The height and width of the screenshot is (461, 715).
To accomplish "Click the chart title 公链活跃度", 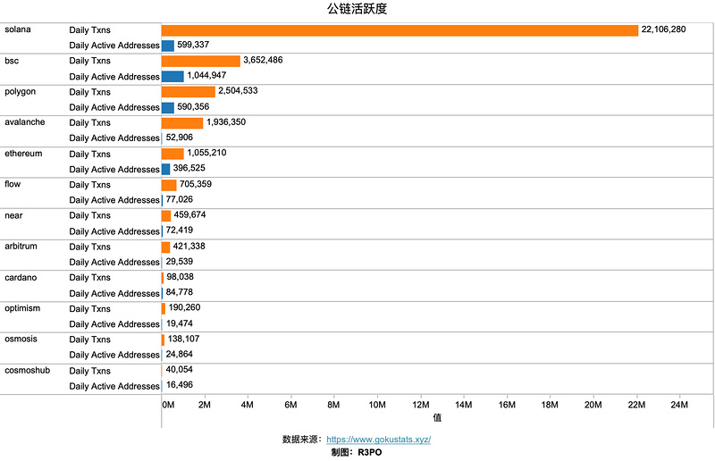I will coord(357,10).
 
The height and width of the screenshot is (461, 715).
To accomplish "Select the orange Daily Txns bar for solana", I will coord(400,30).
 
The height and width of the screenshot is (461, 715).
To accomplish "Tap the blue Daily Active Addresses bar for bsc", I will coord(172,76).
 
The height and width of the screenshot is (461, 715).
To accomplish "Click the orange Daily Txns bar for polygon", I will coord(189,91).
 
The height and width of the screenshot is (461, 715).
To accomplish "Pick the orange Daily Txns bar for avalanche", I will coord(182,122).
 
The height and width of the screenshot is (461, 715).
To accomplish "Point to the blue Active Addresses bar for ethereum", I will coord(165,169).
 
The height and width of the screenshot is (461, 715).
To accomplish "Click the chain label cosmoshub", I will coord(28,370).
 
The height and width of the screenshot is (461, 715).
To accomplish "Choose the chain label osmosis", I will coord(22,339).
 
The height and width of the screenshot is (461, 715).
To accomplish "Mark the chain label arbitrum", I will coord(23,246).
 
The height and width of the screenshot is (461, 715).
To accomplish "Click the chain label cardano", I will coord(22,277).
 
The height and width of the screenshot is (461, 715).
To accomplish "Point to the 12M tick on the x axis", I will coord(420,406).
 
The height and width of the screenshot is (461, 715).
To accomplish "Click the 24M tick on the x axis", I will coord(679,406).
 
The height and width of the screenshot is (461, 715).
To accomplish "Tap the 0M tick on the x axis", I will coord(168,406).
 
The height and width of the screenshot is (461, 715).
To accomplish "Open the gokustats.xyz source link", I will coord(379,440).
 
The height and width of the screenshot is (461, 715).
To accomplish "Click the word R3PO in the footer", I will coord(370,453).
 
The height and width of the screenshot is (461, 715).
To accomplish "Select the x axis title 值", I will coord(438,417).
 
